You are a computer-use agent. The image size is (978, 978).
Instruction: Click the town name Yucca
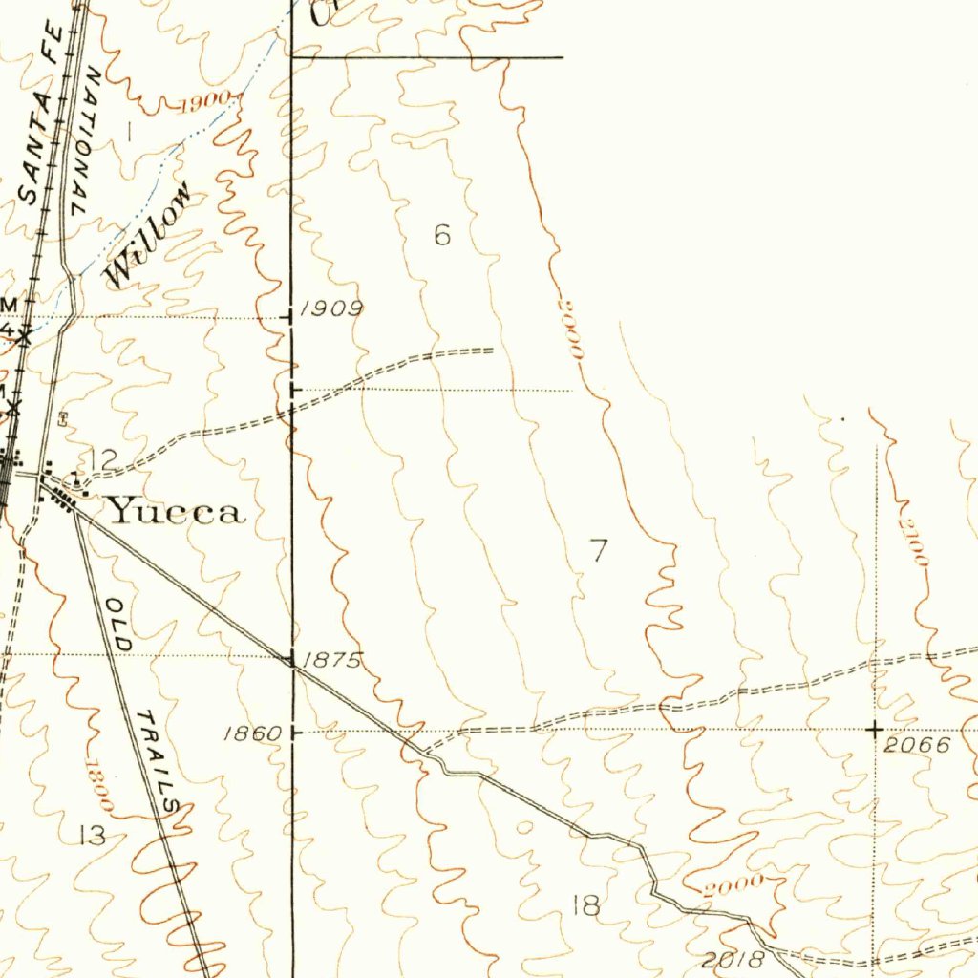point(175,512)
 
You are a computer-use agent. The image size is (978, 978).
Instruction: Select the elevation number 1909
point(331,308)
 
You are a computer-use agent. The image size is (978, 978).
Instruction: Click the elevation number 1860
point(253,733)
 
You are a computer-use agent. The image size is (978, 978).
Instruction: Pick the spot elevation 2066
point(917,745)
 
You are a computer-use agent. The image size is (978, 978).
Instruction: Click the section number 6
point(442,234)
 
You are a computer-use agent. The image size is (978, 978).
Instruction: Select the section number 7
point(599,550)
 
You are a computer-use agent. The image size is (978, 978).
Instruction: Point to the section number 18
point(585,904)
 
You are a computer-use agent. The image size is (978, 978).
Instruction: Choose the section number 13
point(92,836)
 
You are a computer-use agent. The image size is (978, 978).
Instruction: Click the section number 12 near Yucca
point(103,459)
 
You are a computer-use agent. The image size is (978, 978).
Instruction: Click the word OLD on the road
point(119,625)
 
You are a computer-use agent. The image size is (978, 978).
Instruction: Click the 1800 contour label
point(98,786)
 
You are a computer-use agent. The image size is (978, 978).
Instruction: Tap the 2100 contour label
point(916,542)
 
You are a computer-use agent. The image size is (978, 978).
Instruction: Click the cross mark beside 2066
point(875,730)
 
